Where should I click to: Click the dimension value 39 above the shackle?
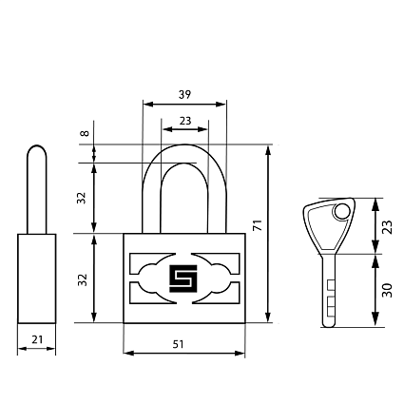pos(184,94)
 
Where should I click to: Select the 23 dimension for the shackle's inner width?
pos(185,121)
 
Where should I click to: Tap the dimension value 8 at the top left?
pos(85,133)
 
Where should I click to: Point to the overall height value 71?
pos(259,224)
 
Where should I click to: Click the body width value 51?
pos(178,344)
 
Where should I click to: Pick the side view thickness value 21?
pos(37,339)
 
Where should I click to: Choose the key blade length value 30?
pos(387,290)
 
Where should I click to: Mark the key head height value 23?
pos(387,227)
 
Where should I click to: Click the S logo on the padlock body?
pos(183,279)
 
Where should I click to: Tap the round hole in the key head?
pos(341,212)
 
